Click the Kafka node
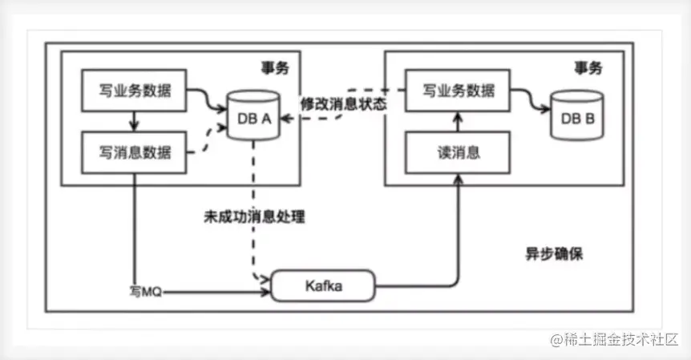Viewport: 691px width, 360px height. [x=324, y=285]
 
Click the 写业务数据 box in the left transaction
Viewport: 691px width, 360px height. [x=135, y=88]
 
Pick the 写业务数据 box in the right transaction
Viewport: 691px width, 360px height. [x=458, y=88]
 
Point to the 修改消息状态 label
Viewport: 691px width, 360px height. [x=343, y=104]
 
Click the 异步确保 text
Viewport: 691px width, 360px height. [x=548, y=255]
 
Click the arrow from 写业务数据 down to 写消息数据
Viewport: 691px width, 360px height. [x=135, y=119]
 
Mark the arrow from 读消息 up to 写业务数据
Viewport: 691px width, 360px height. [x=458, y=119]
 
